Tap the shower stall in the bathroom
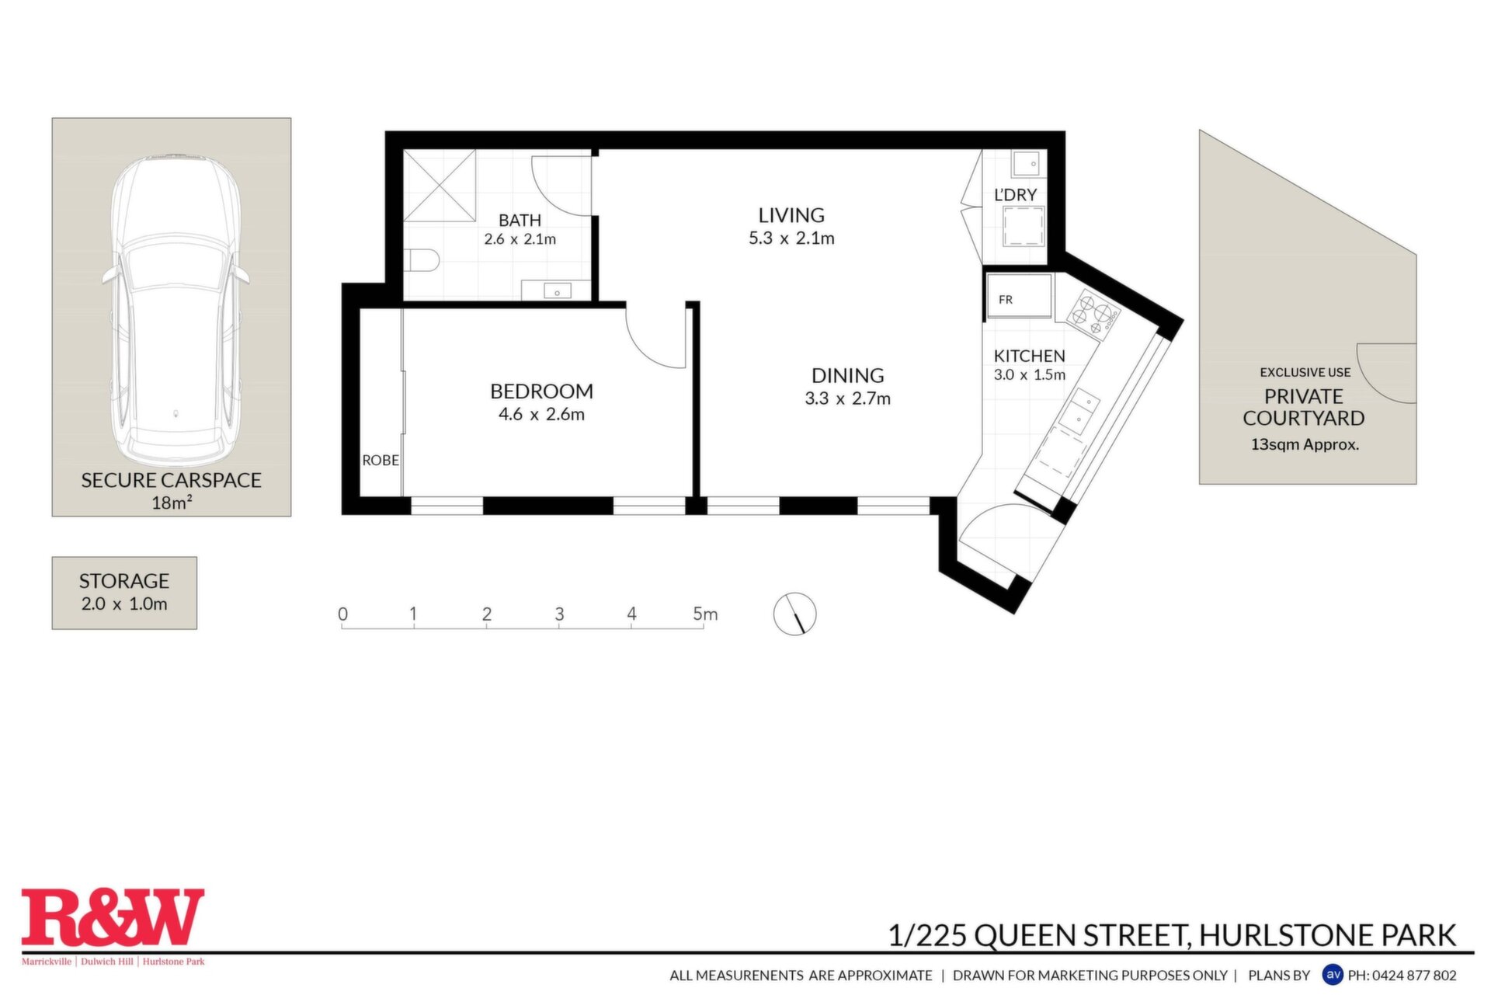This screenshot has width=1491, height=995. [440, 186]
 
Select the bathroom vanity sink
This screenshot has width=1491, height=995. [557, 290]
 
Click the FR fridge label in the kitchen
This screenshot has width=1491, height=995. [1006, 300]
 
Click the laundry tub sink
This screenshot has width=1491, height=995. [1029, 164]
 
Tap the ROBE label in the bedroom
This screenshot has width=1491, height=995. [381, 461]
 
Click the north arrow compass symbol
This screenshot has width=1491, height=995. [794, 614]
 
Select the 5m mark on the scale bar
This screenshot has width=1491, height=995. [705, 614]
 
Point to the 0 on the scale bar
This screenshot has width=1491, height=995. [342, 614]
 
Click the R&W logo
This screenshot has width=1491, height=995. [113, 918]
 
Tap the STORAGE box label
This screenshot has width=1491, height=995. [124, 581]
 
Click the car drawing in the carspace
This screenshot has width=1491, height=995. [175, 311]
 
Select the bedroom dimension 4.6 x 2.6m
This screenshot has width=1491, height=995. [541, 415]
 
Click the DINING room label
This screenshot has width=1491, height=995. [848, 376]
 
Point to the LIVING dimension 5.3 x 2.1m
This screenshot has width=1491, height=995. [791, 238]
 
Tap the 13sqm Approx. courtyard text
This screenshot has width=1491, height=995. [1305, 445]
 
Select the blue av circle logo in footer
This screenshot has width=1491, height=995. [1333, 974]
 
